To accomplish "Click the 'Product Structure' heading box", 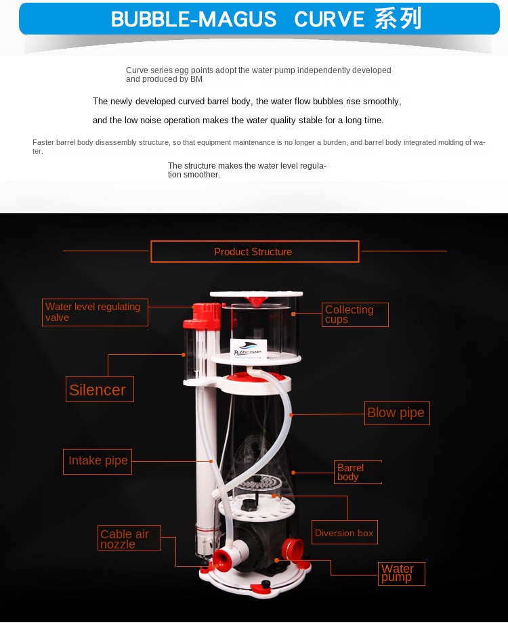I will (254, 252).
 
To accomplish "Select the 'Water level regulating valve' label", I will (95, 312).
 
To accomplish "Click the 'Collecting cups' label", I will (354, 315).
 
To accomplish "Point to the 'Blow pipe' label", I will (396, 413).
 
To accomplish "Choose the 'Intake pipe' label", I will (98, 461).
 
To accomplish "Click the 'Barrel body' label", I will (358, 472).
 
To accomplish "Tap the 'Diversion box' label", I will (344, 533).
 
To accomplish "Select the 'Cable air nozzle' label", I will (129, 538).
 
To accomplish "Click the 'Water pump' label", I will (401, 573).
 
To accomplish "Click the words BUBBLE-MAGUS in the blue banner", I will (194, 19).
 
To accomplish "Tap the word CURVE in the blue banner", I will (330, 19).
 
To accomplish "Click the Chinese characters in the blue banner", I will (398, 19).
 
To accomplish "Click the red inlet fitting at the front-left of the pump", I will (221, 559).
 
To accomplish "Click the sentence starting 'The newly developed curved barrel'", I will (247, 102).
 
